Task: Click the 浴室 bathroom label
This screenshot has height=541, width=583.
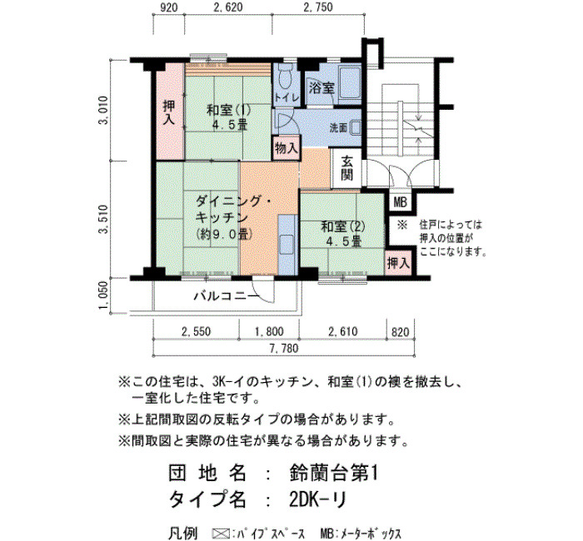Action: click(x=322, y=88)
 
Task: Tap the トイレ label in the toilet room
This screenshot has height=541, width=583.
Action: click(x=287, y=98)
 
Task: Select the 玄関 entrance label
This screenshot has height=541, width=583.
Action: click(x=346, y=168)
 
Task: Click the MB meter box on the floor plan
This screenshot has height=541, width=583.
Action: click(x=401, y=203)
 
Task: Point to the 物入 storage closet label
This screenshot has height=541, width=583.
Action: click(x=287, y=148)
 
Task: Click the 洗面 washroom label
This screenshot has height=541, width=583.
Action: click(x=338, y=128)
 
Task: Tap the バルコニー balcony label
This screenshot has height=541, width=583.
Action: click(x=226, y=296)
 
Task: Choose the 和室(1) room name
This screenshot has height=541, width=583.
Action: click(x=229, y=111)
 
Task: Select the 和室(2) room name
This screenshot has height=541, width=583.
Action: click(x=343, y=226)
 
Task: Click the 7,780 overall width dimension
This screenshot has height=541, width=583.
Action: click(x=285, y=349)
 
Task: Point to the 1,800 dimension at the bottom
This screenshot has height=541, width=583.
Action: click(x=269, y=331)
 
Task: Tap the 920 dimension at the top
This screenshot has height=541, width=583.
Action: click(x=168, y=7)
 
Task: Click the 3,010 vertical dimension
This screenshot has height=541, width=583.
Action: click(x=103, y=111)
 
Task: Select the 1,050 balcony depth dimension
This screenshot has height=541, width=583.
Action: click(x=103, y=295)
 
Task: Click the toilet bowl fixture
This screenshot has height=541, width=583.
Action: click(x=286, y=77)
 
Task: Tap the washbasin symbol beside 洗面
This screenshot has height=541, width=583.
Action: click(x=355, y=128)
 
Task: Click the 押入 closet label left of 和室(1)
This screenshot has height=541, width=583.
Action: click(x=170, y=112)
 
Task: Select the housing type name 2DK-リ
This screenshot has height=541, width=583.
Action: click(x=317, y=499)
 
